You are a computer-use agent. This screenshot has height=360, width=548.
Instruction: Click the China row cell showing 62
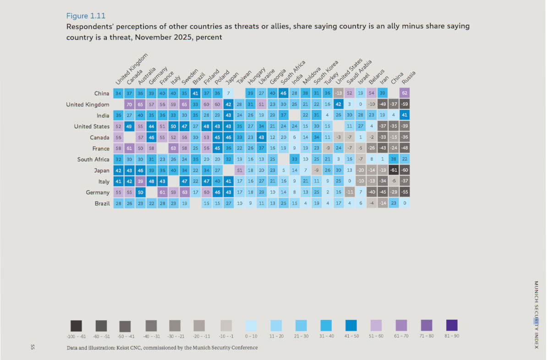coord(405,94)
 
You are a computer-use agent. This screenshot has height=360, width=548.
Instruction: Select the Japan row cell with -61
coord(394,171)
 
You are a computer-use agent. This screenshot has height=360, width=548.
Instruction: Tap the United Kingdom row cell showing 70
coord(130,105)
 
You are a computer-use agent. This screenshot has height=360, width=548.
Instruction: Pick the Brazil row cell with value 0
coord(405,204)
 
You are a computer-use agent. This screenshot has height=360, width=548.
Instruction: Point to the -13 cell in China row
coord(339,94)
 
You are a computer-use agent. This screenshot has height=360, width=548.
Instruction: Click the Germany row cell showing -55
coord(405,193)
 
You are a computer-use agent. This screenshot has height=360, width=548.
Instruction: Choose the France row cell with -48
coord(405,149)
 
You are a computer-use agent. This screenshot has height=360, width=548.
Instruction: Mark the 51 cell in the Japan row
coord(240,171)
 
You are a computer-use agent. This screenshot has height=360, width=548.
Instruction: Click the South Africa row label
coord(93,160)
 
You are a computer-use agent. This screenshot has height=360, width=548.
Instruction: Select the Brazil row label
coord(101,204)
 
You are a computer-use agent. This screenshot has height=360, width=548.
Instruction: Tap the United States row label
coord(92,127)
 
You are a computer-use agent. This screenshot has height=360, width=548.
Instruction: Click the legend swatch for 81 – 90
coord(451,326)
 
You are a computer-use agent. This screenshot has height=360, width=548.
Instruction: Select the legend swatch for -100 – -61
coord(76,326)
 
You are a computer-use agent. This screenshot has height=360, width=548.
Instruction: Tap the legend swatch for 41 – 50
coord(351,326)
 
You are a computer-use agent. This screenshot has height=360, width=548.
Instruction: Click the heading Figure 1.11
coord(86,17)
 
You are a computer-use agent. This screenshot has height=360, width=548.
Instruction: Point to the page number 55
coord(33,347)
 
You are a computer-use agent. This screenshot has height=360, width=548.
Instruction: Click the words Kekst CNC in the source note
coord(131,348)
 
